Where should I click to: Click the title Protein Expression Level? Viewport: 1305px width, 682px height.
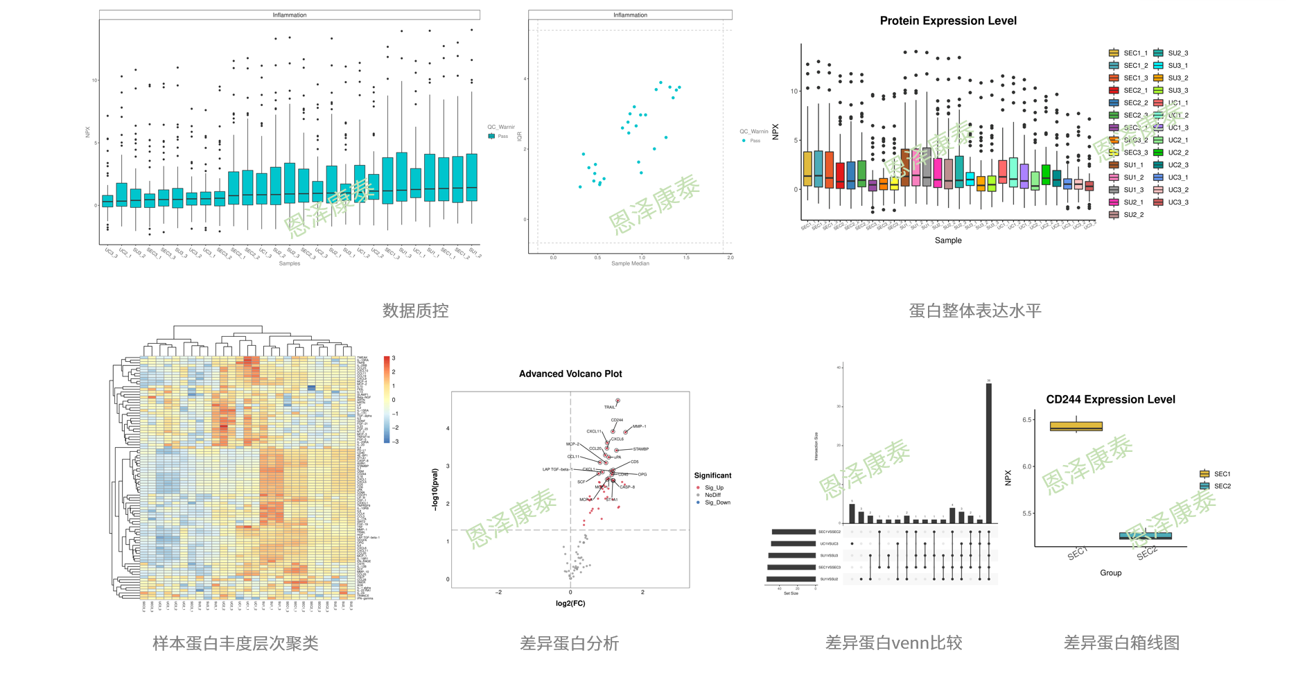pyautogui.click(x=947, y=21)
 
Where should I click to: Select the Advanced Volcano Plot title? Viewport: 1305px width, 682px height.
pyautogui.click(x=570, y=374)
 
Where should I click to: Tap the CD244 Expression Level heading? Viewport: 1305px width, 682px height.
pyautogui.click(x=1110, y=399)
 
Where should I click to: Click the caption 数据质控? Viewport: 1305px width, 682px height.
pyautogui.click(x=415, y=311)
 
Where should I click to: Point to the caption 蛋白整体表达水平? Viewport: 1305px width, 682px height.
pyautogui.click(x=974, y=311)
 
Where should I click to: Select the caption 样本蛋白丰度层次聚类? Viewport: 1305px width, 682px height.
pyautogui.click(x=235, y=643)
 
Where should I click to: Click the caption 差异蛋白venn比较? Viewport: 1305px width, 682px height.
pyautogui.click(x=893, y=643)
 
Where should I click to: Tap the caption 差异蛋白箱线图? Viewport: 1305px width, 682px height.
pyautogui.click(x=1121, y=643)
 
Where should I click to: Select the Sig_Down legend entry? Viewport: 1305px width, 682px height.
pyautogui.click(x=717, y=502)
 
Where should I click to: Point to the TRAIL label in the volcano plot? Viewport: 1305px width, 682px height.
pyautogui.click(x=609, y=407)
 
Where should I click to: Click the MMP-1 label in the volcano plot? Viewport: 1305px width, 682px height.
pyautogui.click(x=639, y=427)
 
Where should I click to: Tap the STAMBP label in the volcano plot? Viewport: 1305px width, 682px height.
pyautogui.click(x=640, y=449)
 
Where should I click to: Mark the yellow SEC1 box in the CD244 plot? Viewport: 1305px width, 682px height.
pyautogui.click(x=1076, y=426)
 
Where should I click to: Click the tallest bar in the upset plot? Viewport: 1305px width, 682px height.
pyautogui.click(x=988, y=453)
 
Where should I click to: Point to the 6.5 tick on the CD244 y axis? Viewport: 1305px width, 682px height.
pyautogui.click(x=1027, y=420)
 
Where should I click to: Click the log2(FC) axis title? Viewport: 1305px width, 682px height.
pyautogui.click(x=570, y=603)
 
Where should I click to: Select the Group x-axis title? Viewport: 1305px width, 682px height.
pyautogui.click(x=1110, y=572)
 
